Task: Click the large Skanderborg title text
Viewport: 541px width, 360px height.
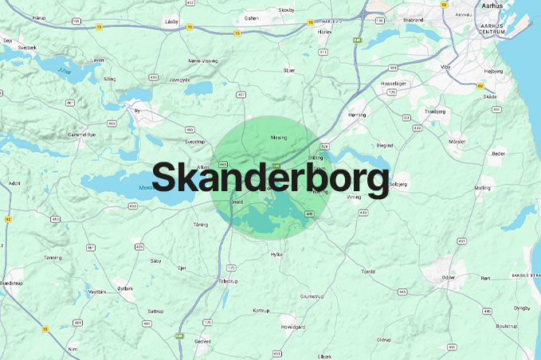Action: tap(270, 178)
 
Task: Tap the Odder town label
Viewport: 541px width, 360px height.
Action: tap(449, 277)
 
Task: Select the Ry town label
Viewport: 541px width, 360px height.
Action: tap(137, 112)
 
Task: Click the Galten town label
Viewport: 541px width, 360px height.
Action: tap(251, 18)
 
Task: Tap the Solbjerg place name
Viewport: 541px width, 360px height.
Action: tap(398, 185)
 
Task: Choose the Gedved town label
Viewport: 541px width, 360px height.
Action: tap(202, 341)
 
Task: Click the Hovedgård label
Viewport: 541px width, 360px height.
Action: tap(292, 327)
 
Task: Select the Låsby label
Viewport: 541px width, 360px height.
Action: tap(171, 22)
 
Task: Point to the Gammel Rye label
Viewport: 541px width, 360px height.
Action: tap(82, 136)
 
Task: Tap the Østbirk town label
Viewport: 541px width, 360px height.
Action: tap(127, 288)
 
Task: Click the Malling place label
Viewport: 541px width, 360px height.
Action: tap(482, 188)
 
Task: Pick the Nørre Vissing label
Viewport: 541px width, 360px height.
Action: tap(202, 61)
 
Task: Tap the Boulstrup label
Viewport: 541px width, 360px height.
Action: tap(506, 326)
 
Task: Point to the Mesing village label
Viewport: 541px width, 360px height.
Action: tap(279, 137)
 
